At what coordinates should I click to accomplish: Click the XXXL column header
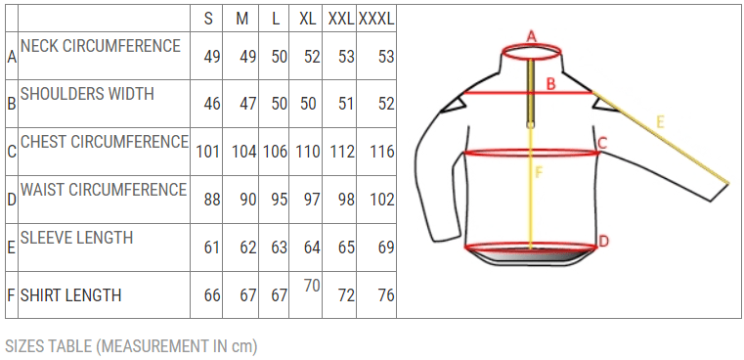click(x=376, y=19)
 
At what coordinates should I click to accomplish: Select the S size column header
click(x=208, y=19)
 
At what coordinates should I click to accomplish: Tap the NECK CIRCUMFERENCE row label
click(x=101, y=46)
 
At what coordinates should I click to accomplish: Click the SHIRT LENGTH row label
click(x=70, y=294)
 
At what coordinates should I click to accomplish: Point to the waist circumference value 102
click(x=382, y=200)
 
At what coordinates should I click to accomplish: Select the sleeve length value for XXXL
click(x=386, y=247)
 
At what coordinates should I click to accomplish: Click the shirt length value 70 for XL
click(x=312, y=287)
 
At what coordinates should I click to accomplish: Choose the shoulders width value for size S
click(x=212, y=104)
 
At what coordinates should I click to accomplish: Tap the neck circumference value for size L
click(x=280, y=57)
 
